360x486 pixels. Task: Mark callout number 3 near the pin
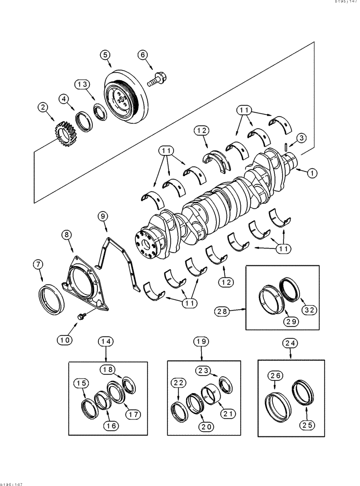(x=302, y=138)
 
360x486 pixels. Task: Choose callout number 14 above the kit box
(x=107, y=342)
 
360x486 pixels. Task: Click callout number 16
(x=111, y=426)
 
